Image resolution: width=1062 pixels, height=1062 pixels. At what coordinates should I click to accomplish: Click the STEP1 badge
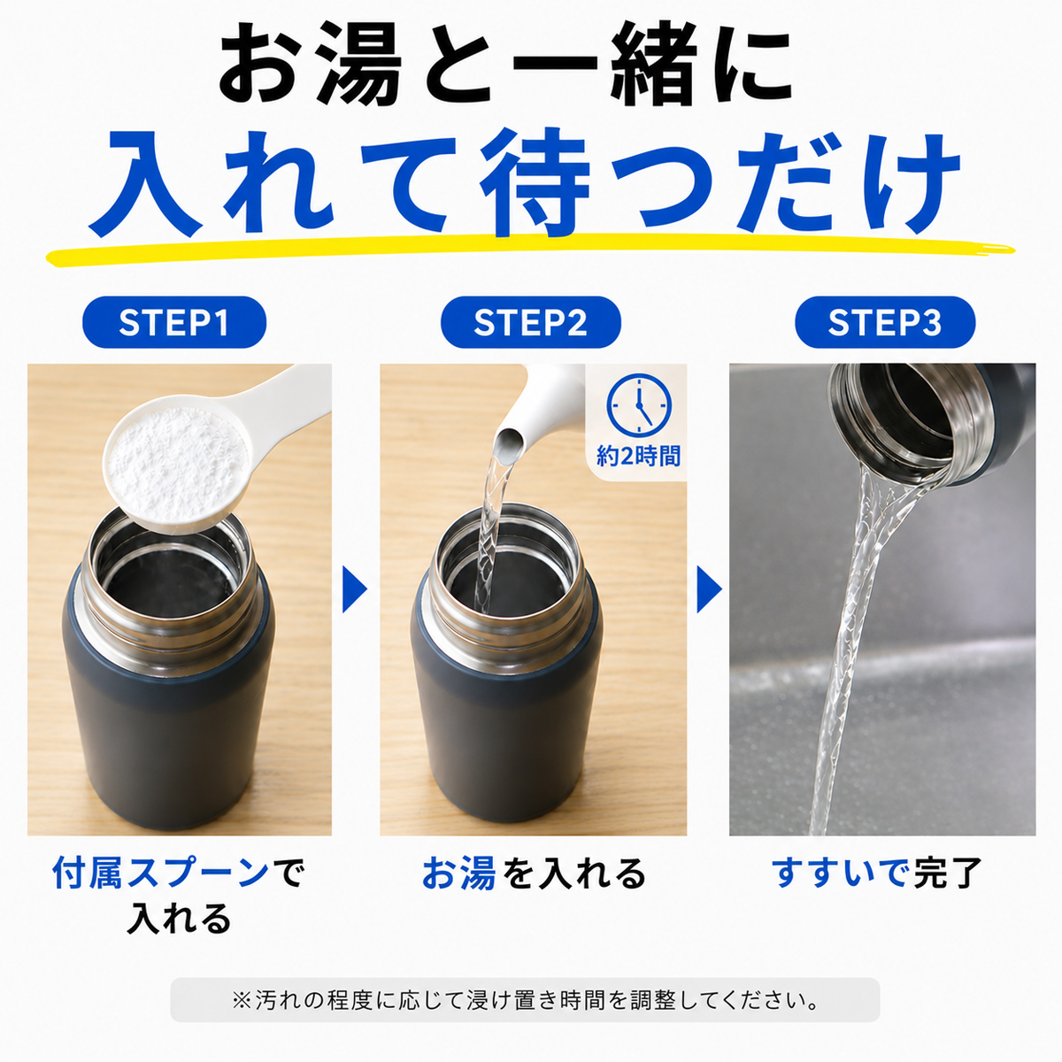tap(174, 322)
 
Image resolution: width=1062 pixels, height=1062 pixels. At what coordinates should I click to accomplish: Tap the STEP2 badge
tap(531, 322)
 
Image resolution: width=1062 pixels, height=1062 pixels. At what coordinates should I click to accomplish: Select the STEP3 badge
tap(884, 322)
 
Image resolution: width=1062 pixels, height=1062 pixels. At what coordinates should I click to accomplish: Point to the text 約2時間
tap(638, 457)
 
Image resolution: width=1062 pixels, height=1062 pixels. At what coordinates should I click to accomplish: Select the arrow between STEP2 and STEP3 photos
tap(709, 589)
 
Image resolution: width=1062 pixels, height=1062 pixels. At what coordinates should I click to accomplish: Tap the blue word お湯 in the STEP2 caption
tap(458, 873)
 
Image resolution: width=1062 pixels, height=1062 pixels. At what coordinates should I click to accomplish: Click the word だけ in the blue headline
tap(849, 182)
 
